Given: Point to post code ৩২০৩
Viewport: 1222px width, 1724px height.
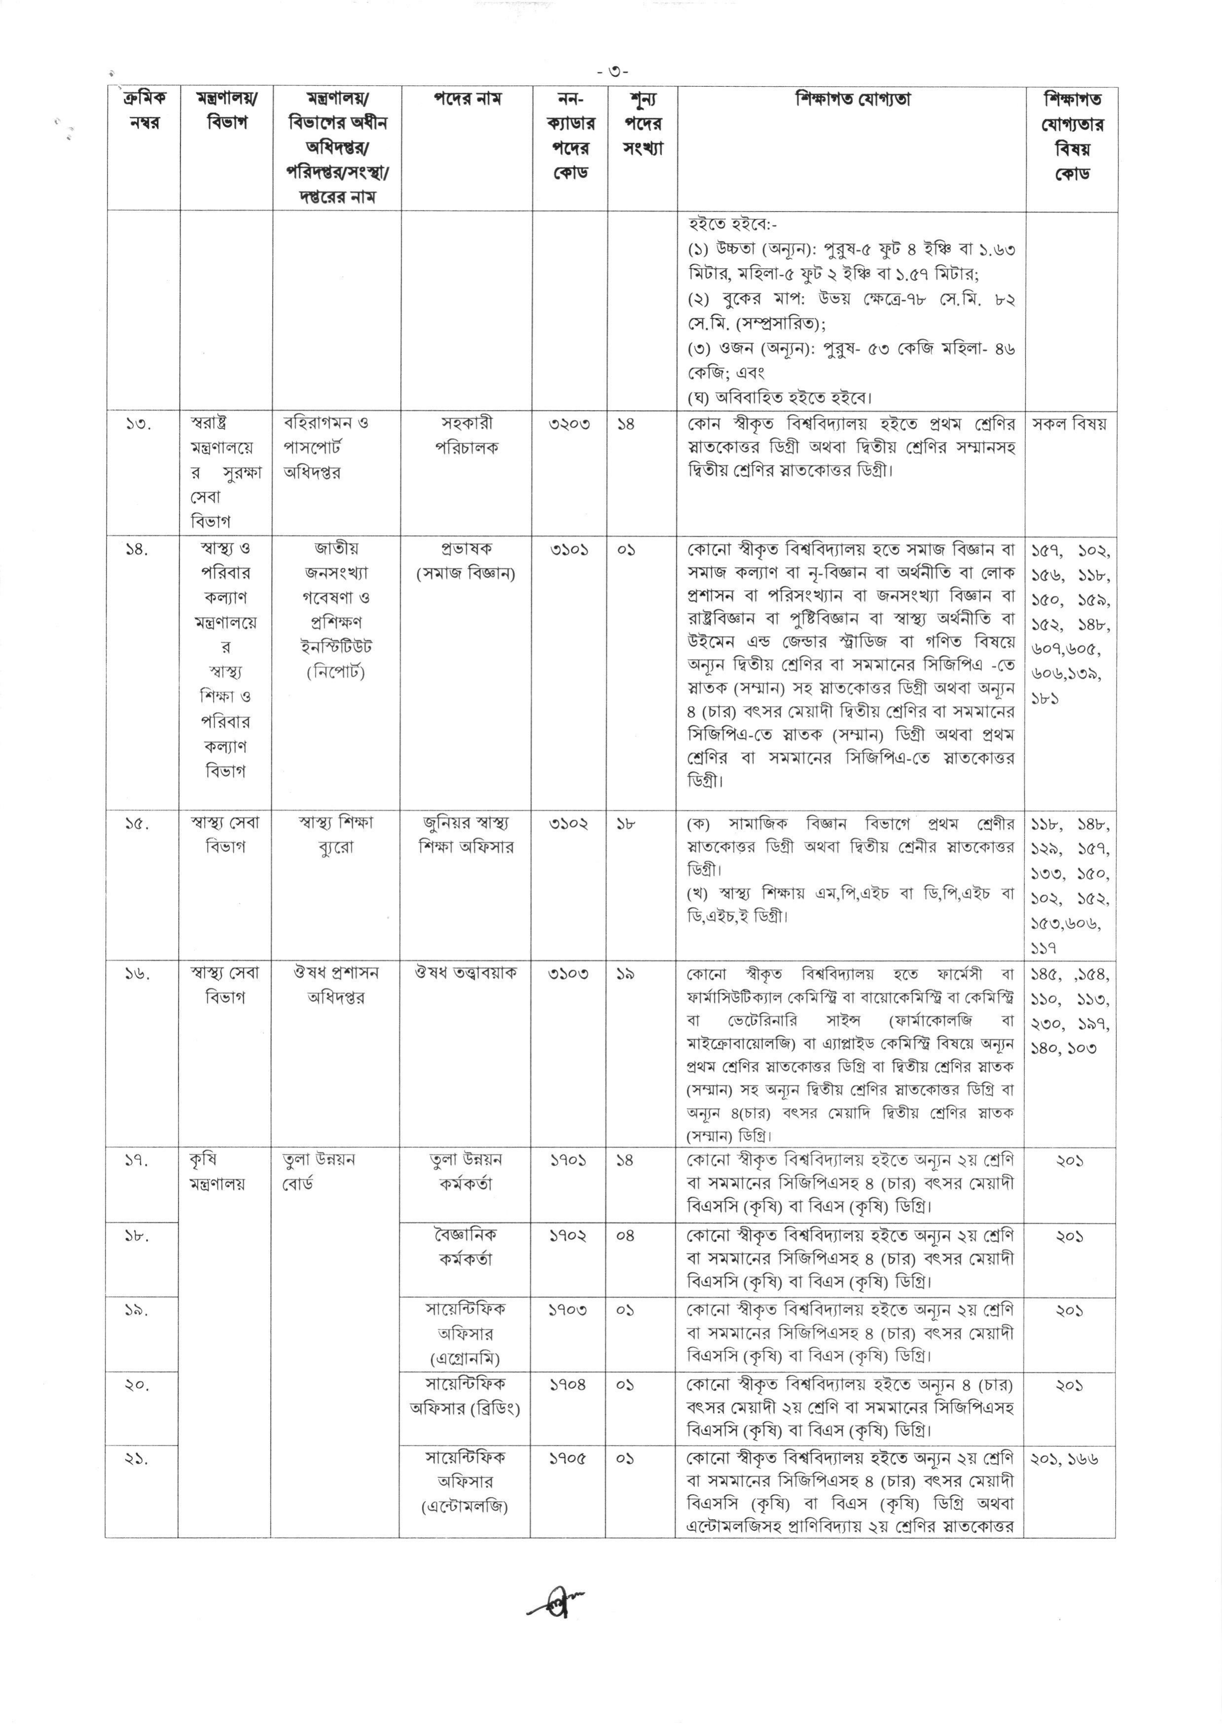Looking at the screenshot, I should tap(570, 424).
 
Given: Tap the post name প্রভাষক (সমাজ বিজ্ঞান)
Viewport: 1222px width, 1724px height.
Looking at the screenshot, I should tap(466, 561).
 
